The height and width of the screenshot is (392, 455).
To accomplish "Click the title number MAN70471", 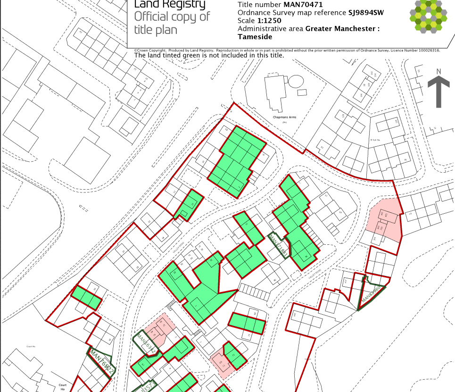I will [x=303, y=5].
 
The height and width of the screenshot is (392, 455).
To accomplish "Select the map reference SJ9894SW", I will [x=365, y=13].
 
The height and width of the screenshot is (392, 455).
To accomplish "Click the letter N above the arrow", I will [x=438, y=72].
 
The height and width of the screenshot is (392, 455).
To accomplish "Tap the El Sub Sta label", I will [x=375, y=140].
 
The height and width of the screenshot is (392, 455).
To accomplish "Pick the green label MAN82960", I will [x=371, y=294].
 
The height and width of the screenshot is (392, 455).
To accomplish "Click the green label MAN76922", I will [x=101, y=362].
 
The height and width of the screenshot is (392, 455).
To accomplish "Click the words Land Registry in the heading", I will [x=170, y=5].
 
